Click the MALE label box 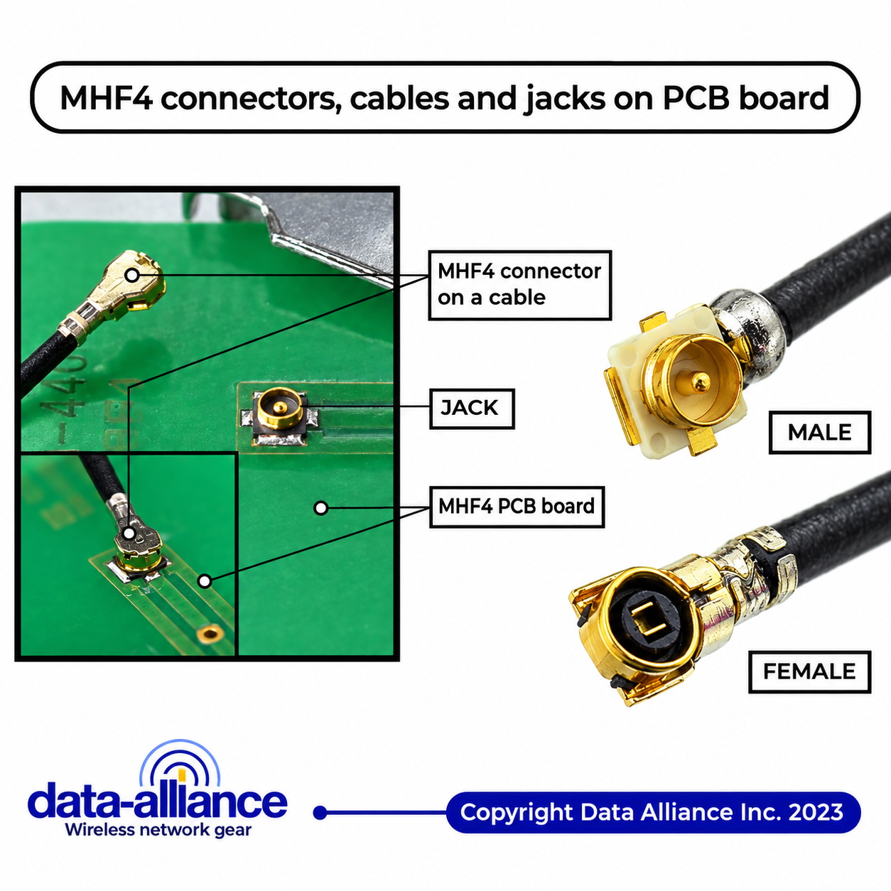click(x=820, y=432)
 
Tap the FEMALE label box click(x=809, y=671)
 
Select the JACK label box click(x=472, y=409)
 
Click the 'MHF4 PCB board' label click(x=517, y=507)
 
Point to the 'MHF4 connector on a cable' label click(x=519, y=285)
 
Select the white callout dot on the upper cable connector click(x=131, y=275)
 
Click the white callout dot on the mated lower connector click(x=129, y=533)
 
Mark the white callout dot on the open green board click(x=321, y=508)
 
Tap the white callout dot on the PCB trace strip click(x=205, y=581)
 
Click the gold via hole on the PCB click(x=210, y=633)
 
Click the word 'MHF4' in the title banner click(x=106, y=98)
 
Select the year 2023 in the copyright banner click(x=816, y=812)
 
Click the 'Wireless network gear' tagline click(x=158, y=830)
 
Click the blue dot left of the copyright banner click(x=320, y=813)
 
